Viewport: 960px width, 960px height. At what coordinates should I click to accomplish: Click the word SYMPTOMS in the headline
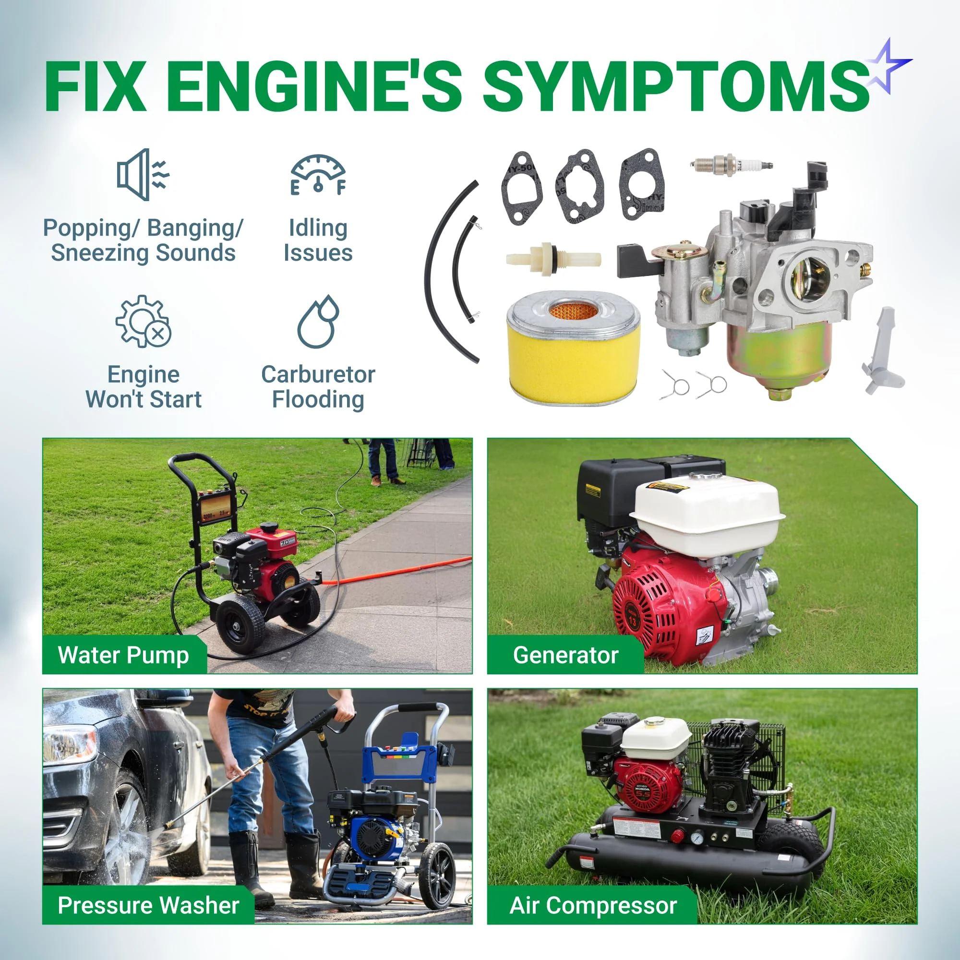[676, 85]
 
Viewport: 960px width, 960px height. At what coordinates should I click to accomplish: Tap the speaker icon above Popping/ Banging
[143, 174]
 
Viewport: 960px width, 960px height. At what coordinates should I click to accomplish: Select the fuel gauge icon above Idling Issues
[318, 174]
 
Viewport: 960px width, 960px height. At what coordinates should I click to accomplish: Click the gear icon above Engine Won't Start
[143, 322]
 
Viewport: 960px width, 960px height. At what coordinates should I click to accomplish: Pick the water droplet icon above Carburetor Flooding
[318, 322]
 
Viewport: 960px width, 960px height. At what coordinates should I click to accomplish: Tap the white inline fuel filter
[553, 258]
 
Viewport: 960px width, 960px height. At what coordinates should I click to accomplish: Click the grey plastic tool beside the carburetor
[883, 351]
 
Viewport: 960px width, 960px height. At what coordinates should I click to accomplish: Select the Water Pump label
[123, 655]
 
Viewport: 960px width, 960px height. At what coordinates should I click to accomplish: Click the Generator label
[565, 655]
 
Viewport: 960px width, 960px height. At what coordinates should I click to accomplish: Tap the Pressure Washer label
[149, 905]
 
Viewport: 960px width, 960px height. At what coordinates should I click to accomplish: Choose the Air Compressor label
[593, 905]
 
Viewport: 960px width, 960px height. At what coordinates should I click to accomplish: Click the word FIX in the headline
[96, 85]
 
